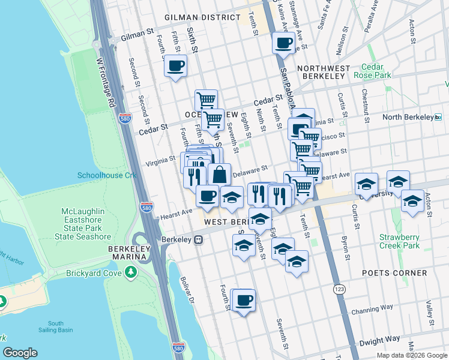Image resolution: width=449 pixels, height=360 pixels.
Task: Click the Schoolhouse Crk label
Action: pos(107,175)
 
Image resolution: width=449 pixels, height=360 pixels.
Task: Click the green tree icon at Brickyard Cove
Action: pos(131,273)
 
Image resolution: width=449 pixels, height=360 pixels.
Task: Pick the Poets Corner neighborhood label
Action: pos(394,272)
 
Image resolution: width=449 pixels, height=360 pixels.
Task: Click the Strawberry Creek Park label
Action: pos(399,241)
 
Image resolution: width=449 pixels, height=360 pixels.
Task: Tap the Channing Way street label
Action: pos(372,308)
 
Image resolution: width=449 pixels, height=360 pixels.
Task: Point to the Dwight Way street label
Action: pos(379,340)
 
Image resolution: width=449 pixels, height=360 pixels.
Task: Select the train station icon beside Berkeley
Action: pos(197,239)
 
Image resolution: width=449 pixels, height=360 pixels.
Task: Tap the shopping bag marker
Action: pos(220,175)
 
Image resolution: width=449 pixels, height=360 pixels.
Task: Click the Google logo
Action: pos(20,353)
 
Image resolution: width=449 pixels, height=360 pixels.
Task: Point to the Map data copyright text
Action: pos(412,355)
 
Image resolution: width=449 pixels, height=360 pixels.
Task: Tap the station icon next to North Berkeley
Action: pos(438,117)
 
